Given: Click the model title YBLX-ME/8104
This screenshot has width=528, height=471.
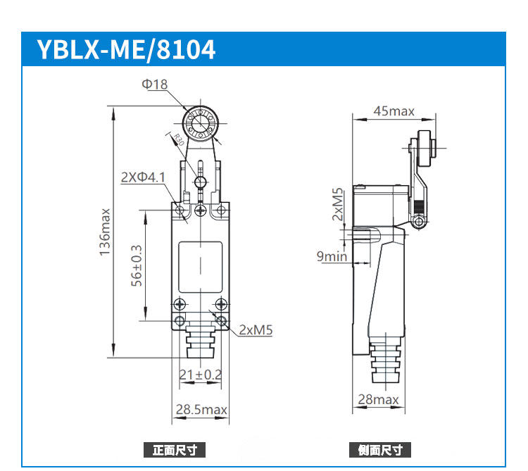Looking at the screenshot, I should pos(126,50).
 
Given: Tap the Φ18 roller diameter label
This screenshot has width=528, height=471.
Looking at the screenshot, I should pos(155,84).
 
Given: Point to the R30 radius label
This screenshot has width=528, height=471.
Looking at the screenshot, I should pos(177,140).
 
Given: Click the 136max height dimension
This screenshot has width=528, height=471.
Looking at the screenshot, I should pos(105,232).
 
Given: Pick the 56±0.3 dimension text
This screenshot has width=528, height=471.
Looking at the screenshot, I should pos(137,265).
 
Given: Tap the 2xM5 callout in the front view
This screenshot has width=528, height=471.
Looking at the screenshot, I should pos(256,329).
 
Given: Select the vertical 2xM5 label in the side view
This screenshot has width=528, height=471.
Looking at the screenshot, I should pos(339,204).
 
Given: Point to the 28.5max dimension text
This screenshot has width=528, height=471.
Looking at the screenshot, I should pos(201,410).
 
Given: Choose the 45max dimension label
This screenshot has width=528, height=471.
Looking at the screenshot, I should pos(394,111).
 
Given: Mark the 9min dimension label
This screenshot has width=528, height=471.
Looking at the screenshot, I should pos(332,256).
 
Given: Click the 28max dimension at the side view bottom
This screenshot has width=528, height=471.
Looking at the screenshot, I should pos(378,400).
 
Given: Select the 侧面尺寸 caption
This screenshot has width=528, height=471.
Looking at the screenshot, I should pos(380,450).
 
